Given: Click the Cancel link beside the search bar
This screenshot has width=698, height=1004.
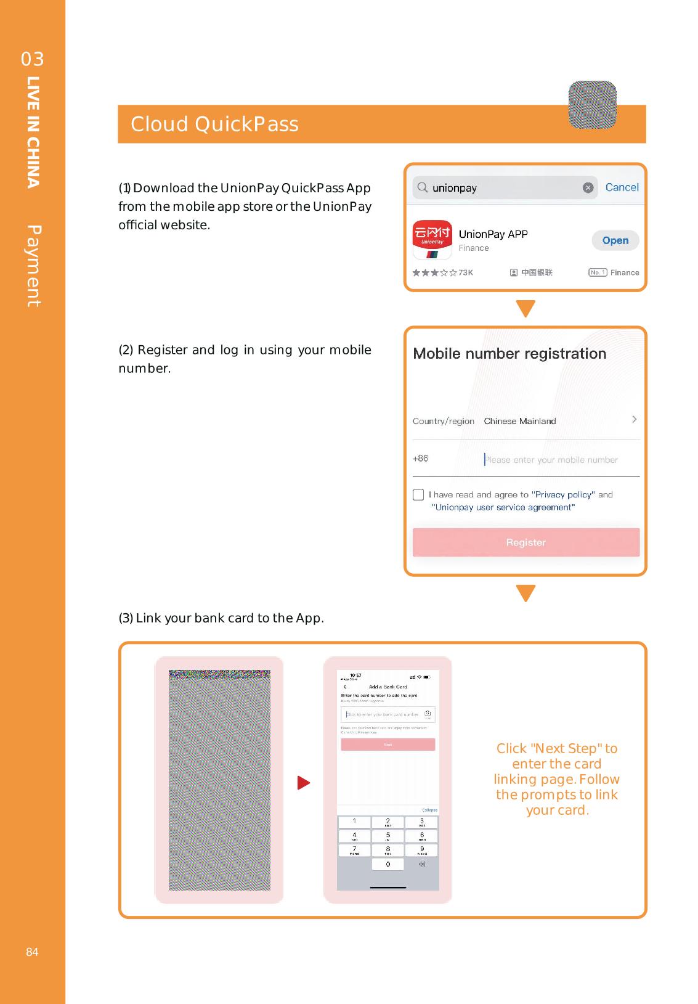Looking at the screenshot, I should click(x=622, y=187).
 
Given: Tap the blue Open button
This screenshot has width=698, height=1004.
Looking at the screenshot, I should click(x=615, y=240).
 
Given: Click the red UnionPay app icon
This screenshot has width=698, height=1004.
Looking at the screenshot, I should click(x=432, y=240).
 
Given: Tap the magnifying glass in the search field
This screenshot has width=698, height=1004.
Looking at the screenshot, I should click(x=423, y=187).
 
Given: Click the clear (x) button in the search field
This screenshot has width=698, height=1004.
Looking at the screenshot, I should click(x=588, y=188).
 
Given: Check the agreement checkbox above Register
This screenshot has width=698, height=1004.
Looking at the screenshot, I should click(x=418, y=495).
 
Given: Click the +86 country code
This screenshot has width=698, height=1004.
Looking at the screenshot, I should click(x=420, y=459).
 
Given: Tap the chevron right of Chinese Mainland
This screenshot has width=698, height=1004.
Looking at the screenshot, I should click(x=634, y=420).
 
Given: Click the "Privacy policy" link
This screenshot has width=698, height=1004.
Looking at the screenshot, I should click(x=563, y=494).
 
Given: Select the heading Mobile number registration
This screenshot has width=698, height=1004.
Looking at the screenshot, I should click(x=509, y=354).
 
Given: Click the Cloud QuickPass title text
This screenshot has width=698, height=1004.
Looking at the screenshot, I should click(x=214, y=124).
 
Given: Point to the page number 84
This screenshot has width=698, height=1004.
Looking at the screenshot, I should click(x=32, y=952).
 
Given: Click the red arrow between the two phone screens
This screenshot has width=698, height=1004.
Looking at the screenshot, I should click(x=303, y=783).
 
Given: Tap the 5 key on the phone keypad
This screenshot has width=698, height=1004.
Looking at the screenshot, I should click(x=388, y=836).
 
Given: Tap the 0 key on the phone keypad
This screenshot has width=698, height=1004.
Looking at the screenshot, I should click(x=388, y=864).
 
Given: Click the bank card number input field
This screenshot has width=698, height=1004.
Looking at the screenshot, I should click(x=383, y=714).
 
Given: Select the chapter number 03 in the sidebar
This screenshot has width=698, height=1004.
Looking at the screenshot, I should click(x=32, y=59).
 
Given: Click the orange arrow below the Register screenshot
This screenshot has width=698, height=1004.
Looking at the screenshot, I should click(x=526, y=593).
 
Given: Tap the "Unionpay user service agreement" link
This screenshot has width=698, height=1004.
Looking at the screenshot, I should click(x=503, y=507).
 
